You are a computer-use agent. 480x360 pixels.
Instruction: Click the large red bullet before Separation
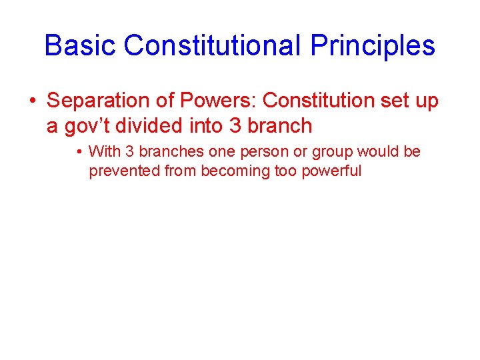[32, 101]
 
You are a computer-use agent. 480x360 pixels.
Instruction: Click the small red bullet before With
[79, 152]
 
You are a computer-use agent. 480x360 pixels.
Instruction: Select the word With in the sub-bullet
[103, 152]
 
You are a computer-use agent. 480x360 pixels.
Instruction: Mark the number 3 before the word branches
[125, 152]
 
